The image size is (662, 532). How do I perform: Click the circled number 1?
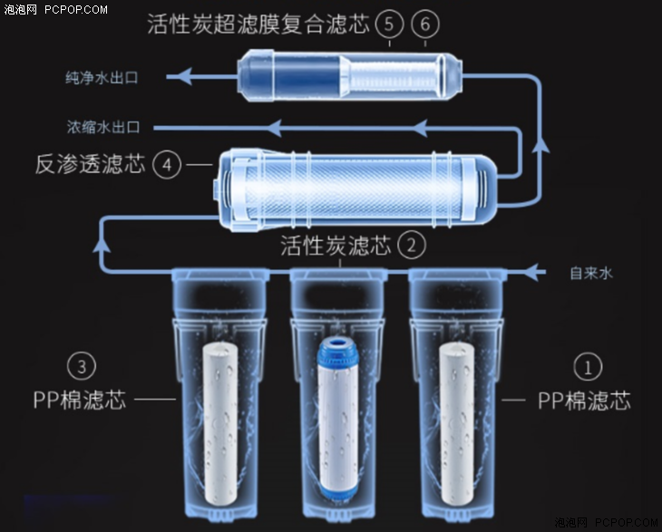588,366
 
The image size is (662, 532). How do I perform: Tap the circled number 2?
411,245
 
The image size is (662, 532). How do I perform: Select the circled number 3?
82,366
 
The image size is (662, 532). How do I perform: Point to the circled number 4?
167,165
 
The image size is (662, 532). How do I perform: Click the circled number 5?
389,24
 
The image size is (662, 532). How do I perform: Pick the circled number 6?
424,24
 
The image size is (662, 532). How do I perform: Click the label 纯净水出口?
102,78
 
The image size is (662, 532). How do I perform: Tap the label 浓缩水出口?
103,127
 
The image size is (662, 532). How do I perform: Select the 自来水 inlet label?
591,273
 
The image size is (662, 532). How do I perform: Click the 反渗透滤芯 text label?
91,164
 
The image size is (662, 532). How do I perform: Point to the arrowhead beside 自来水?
532,272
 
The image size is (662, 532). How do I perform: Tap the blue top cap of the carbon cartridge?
338,350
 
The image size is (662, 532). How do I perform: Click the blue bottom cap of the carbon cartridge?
338,490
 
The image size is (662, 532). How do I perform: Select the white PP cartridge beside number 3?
220,423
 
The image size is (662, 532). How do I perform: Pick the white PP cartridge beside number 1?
457,423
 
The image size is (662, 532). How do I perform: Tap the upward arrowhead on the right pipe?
540,144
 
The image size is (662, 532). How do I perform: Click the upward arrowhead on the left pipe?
102,245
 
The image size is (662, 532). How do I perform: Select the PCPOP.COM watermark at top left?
76,9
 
